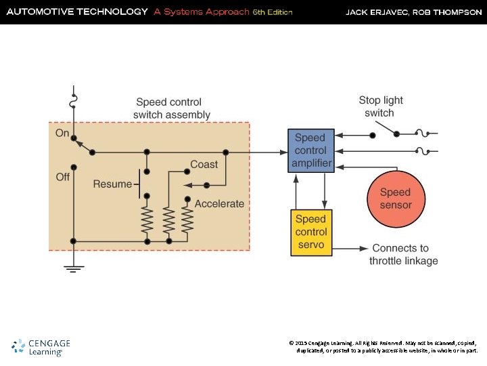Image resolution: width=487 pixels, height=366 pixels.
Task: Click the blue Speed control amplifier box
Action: [311, 150]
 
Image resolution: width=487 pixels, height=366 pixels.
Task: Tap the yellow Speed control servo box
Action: [311, 232]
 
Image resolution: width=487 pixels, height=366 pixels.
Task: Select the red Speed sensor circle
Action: [395, 199]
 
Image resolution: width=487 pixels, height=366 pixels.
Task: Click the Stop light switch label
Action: [381, 106]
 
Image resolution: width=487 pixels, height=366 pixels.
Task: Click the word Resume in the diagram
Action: [112, 184]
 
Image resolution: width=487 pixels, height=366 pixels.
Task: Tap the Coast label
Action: [204, 164]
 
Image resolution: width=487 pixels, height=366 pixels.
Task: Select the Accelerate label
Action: [219, 203]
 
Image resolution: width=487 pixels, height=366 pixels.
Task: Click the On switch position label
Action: [62, 133]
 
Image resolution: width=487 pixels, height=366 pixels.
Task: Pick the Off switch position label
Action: [63, 177]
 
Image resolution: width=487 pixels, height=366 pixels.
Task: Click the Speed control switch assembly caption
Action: [172, 108]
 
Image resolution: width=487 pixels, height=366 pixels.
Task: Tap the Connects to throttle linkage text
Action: [404, 255]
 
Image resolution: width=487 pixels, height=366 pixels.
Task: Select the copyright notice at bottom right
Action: [383, 347]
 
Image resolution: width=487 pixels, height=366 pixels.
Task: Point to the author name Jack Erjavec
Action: [377, 12]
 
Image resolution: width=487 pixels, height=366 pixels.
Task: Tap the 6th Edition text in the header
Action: [273, 12]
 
